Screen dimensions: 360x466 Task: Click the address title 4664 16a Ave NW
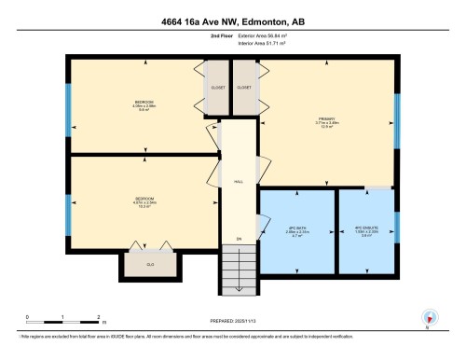(x=232, y=21)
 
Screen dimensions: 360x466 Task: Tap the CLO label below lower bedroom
(x=149, y=264)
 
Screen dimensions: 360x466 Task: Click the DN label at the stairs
(x=238, y=239)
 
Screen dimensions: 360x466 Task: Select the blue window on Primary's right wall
(x=397, y=122)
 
